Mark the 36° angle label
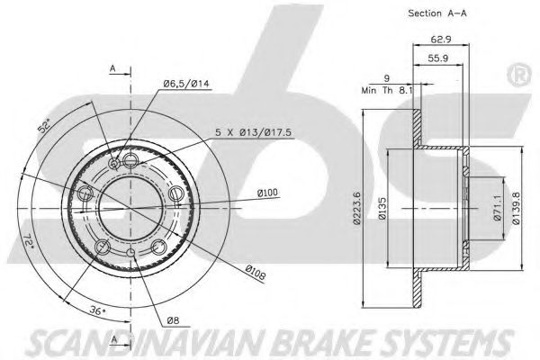coord(95,312)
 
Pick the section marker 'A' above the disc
coord(114,67)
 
